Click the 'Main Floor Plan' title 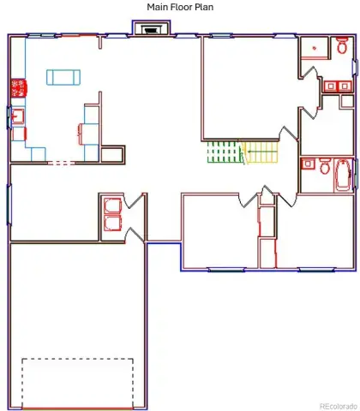[x=180, y=7]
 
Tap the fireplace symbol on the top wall [x=151, y=29]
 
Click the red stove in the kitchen [x=19, y=88]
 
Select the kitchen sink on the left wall [x=18, y=116]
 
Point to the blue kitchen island [x=63, y=77]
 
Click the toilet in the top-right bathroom [x=342, y=45]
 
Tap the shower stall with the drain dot [x=315, y=48]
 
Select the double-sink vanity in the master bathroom [x=338, y=86]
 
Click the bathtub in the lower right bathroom [x=343, y=176]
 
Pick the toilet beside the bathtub [x=324, y=166]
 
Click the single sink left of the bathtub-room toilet [x=308, y=164]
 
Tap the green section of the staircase [x=223, y=152]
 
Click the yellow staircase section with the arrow [x=260, y=152]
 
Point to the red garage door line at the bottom [x=77, y=408]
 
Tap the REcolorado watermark [x=339, y=406]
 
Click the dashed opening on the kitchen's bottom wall [x=61, y=163]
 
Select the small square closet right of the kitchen [x=113, y=155]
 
